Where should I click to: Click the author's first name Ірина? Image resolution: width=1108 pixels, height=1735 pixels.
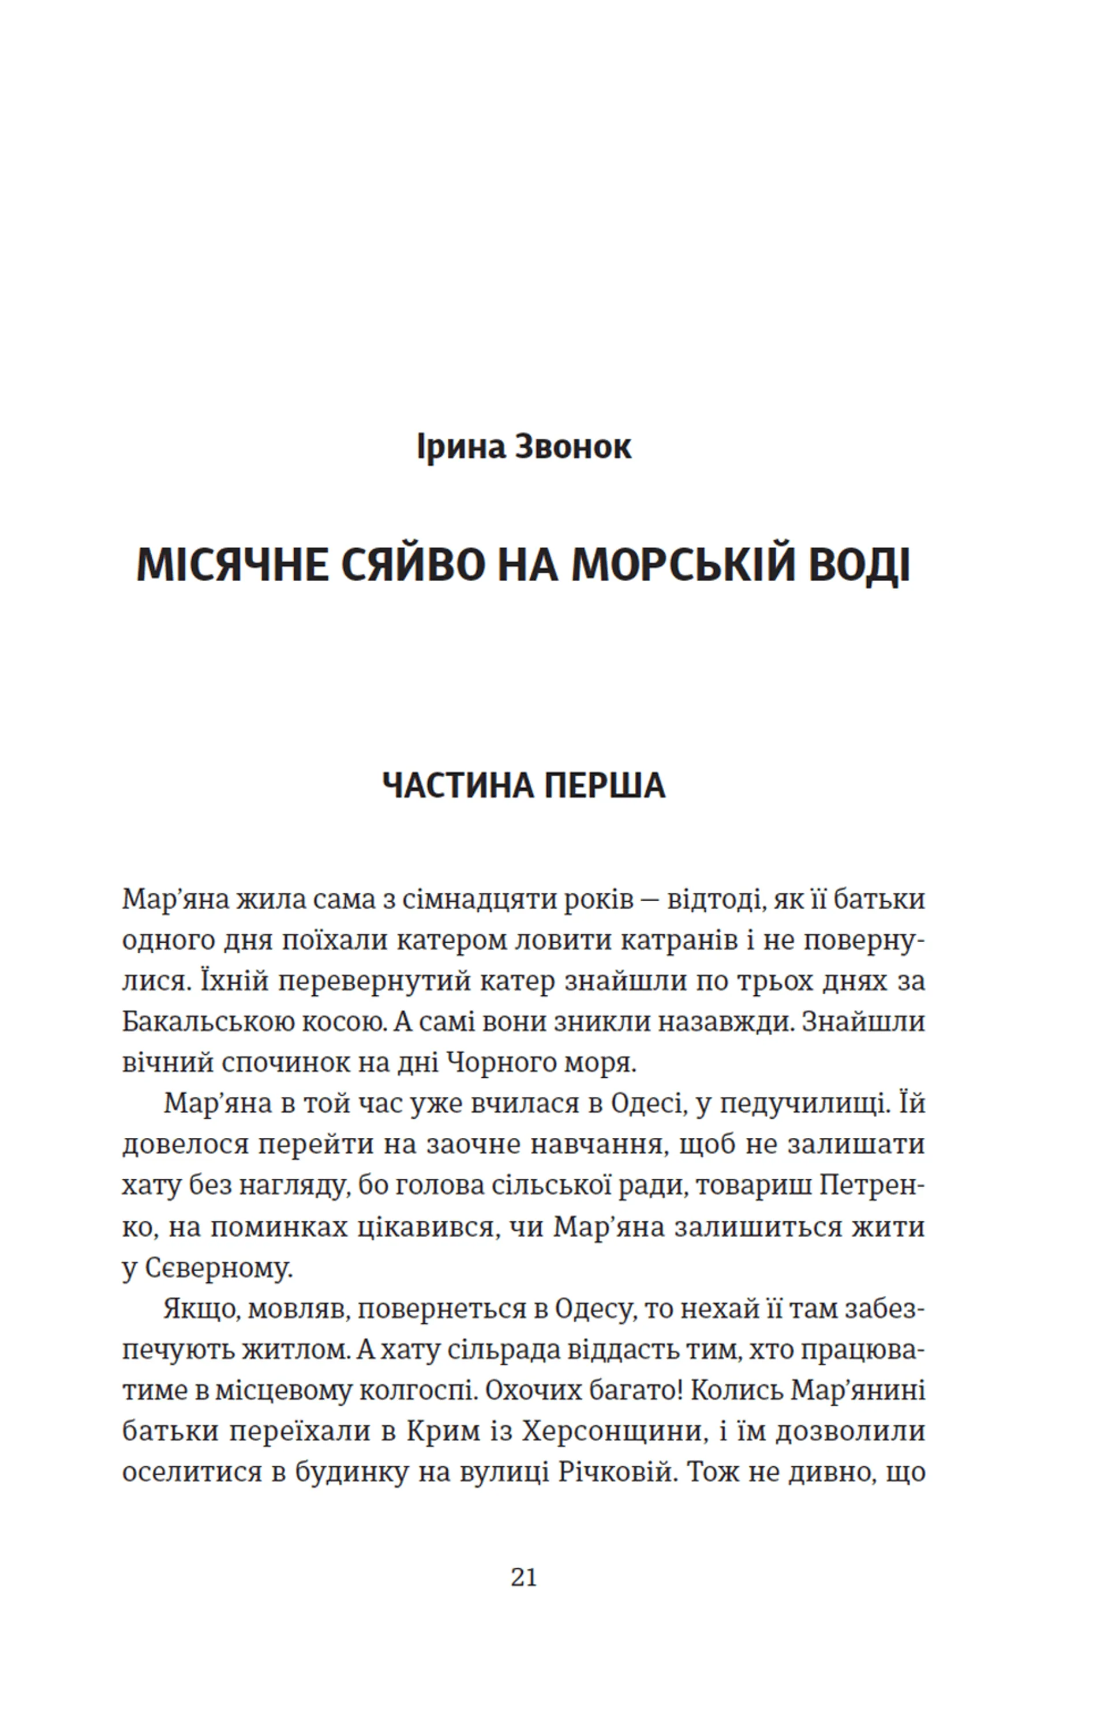(461, 447)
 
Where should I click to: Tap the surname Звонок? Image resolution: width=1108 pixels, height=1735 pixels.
(574, 447)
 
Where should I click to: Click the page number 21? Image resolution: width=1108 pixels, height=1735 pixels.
(524, 1578)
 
